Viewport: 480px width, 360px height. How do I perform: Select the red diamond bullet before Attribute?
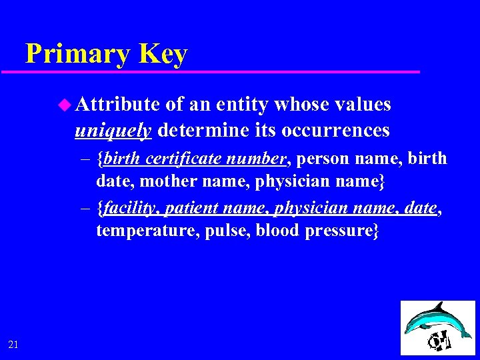[x=64, y=105]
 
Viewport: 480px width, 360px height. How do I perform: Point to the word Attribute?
[x=117, y=105]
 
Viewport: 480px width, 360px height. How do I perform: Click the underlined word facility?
[x=128, y=209]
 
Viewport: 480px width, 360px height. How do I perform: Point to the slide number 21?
[x=14, y=344]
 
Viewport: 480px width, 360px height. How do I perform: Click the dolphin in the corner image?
[x=427, y=320]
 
